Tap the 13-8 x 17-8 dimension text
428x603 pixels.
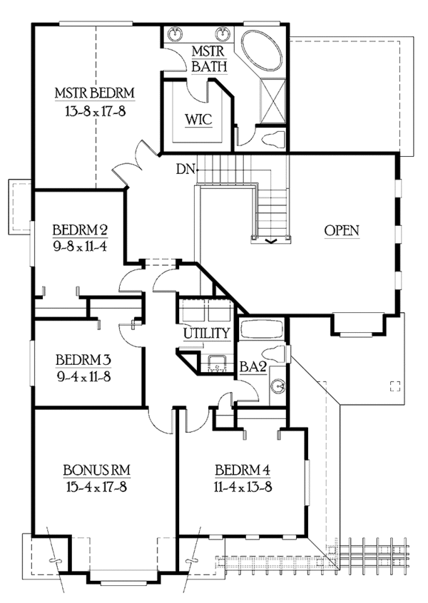click(x=95, y=110)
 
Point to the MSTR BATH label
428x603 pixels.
click(x=209, y=59)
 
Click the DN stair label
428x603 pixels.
click(x=185, y=170)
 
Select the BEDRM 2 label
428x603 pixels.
click(x=80, y=230)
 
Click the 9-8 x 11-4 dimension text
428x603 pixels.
click(x=80, y=247)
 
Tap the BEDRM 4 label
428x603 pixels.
click(x=243, y=470)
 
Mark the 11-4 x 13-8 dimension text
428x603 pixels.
click(x=243, y=488)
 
